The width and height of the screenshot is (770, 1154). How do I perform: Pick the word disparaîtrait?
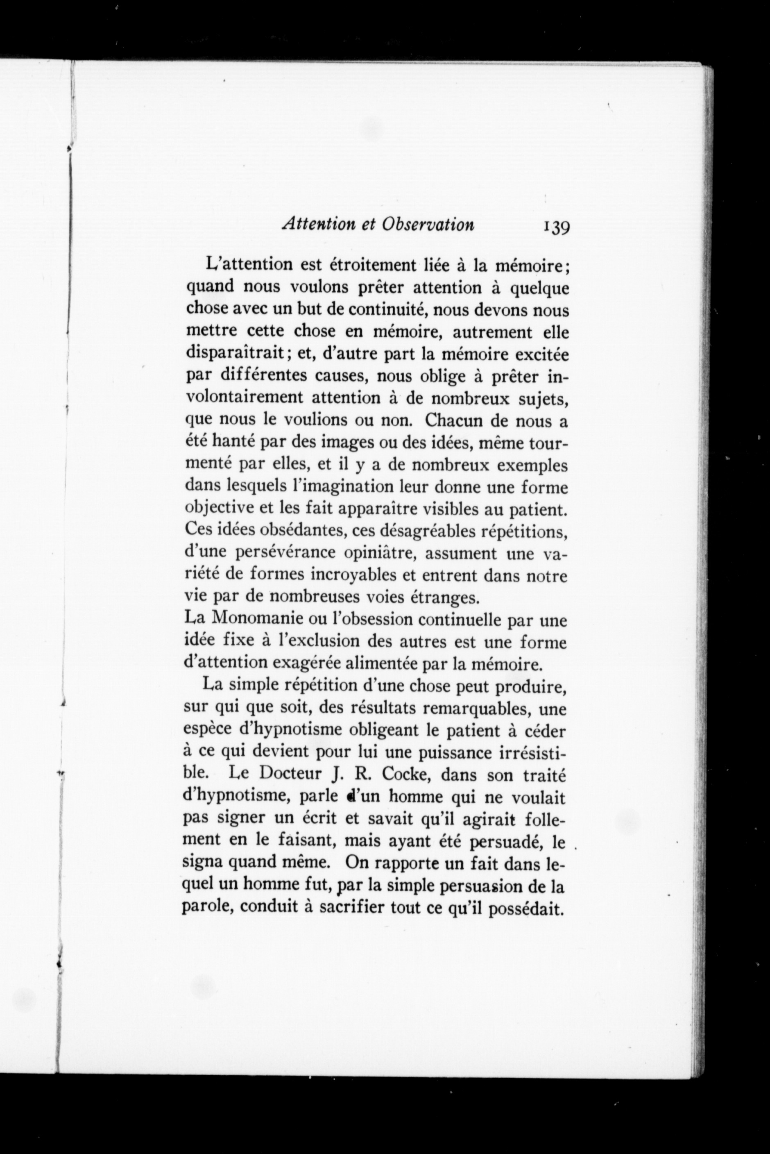coord(235,354)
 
